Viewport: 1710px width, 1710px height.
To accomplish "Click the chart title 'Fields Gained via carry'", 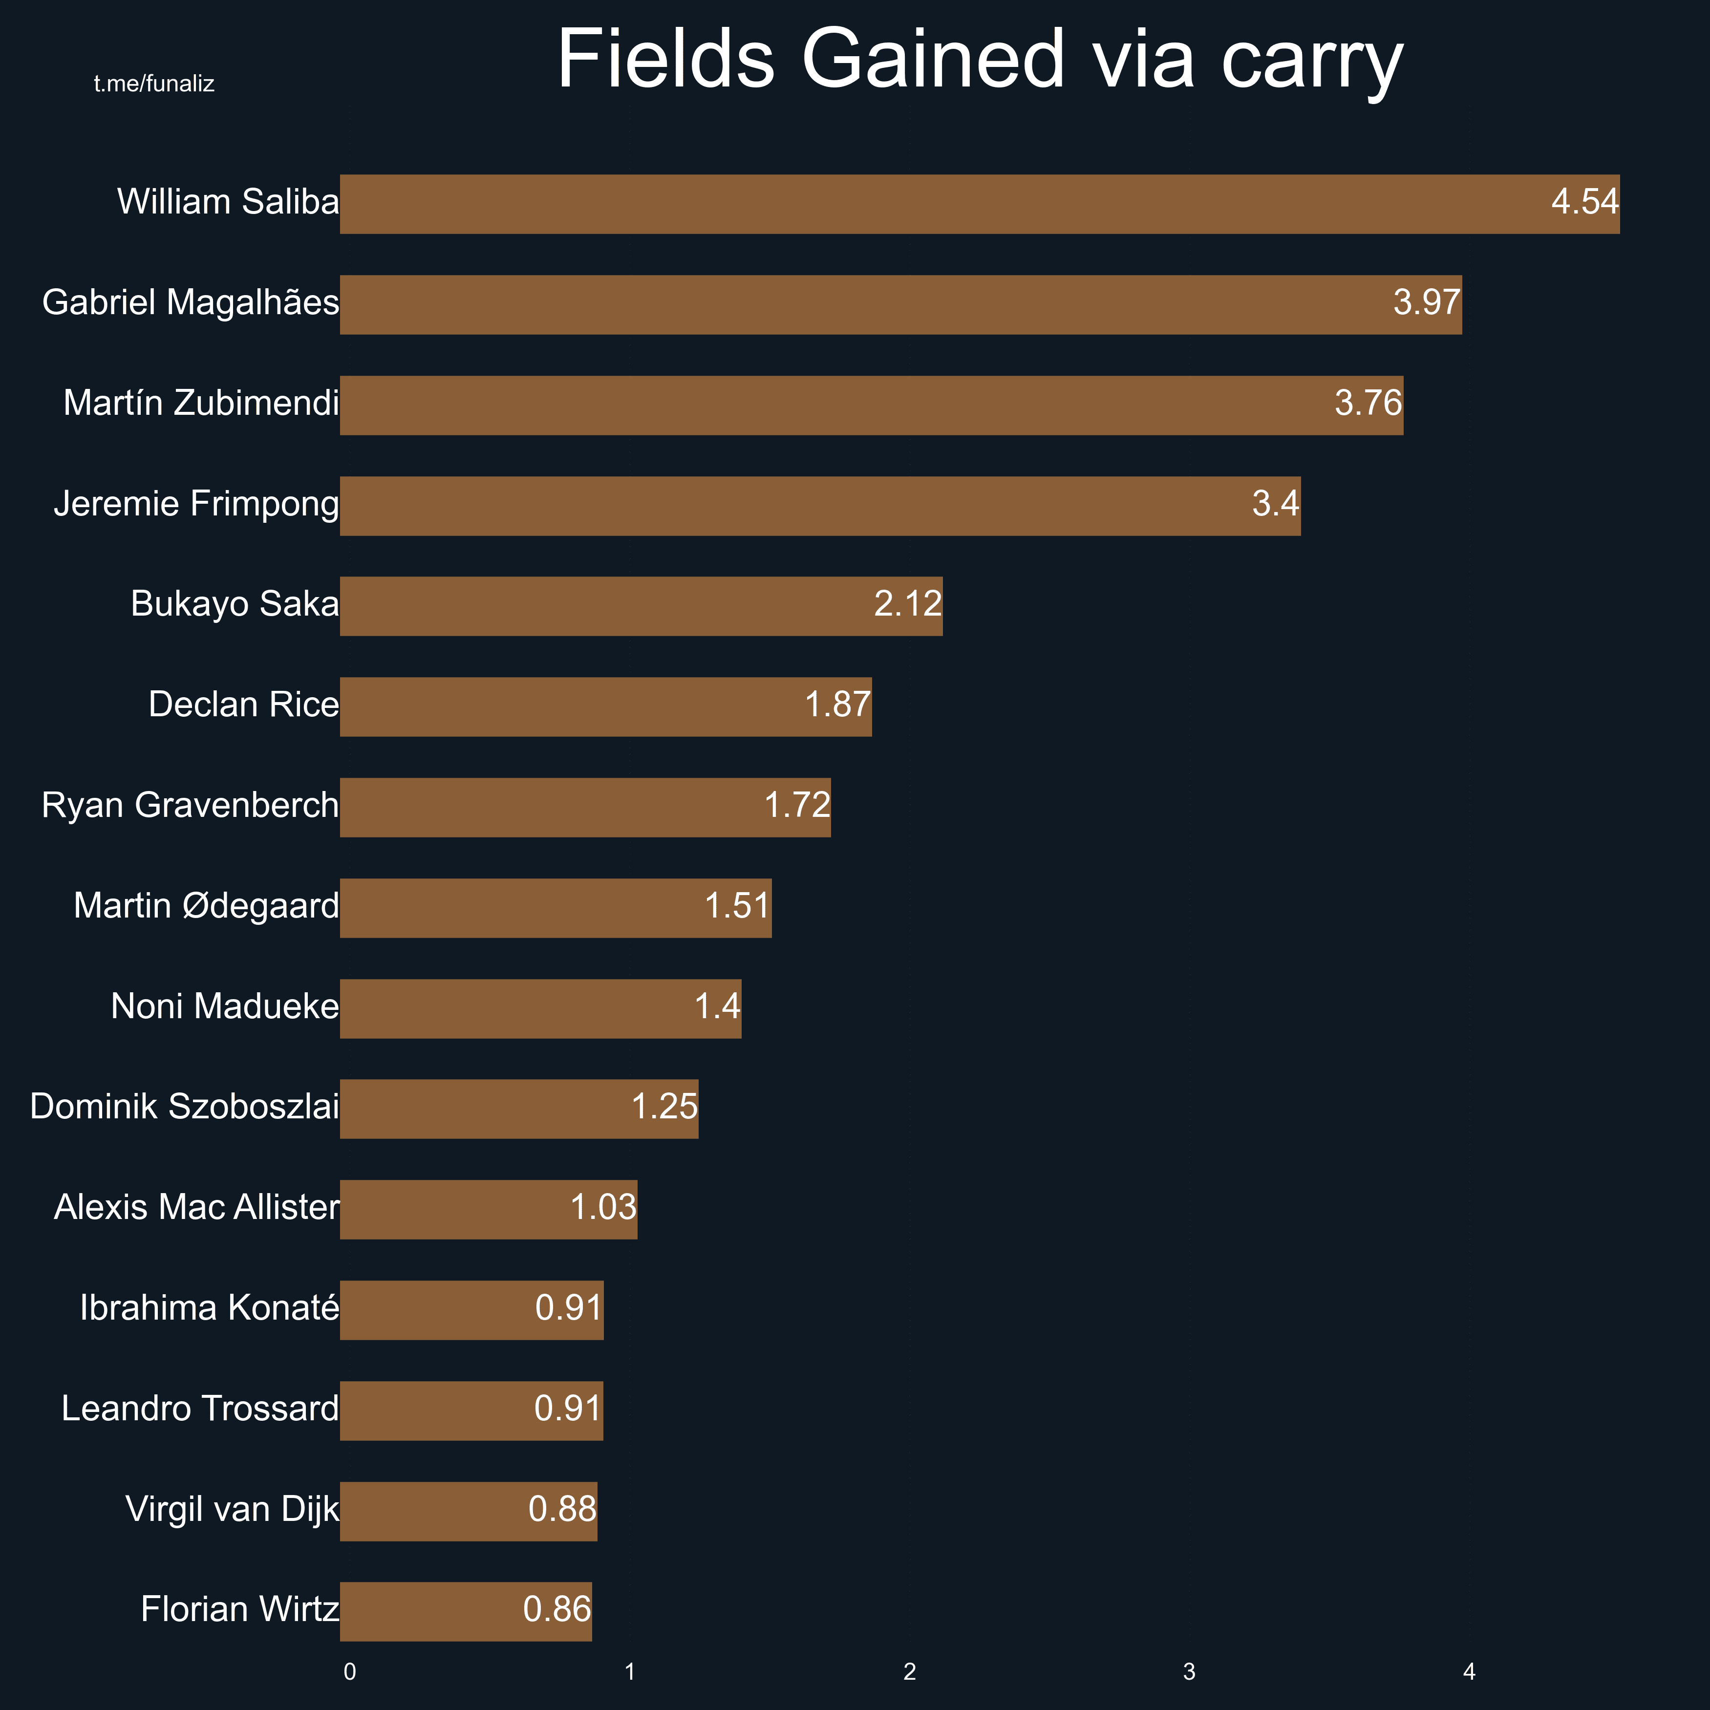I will pos(980,60).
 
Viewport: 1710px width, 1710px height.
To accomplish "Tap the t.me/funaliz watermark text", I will pos(154,84).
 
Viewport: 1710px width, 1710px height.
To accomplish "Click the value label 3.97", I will pos(1426,303).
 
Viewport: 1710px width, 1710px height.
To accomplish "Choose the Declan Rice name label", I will pos(243,705).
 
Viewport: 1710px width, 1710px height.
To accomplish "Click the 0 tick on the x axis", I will pos(350,1672).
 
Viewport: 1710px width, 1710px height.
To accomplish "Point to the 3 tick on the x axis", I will pos(1189,1672).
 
